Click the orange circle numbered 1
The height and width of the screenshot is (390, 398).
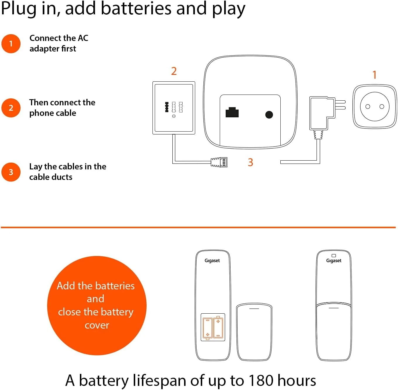point(11,44)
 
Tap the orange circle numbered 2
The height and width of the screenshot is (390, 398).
point(11,108)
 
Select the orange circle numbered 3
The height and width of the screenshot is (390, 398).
point(11,172)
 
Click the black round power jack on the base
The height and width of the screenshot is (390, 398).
point(269,115)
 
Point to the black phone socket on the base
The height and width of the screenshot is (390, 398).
point(232,112)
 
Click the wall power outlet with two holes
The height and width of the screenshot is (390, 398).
point(375,106)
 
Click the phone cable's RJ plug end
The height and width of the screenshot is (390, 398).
point(219,162)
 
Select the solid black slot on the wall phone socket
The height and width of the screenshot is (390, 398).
point(167,107)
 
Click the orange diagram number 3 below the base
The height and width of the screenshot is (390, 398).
point(251,162)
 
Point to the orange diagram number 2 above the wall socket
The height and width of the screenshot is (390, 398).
point(174,71)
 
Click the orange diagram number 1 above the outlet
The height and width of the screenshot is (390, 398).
point(375,75)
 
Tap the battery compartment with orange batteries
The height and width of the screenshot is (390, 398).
point(213,327)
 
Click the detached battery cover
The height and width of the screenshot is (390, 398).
point(254,332)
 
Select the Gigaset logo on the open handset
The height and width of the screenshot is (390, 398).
point(212,261)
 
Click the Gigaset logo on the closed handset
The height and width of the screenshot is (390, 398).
point(334,261)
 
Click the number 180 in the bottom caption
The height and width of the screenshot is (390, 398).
point(261,381)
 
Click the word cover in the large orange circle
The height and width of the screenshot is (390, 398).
point(97,325)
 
